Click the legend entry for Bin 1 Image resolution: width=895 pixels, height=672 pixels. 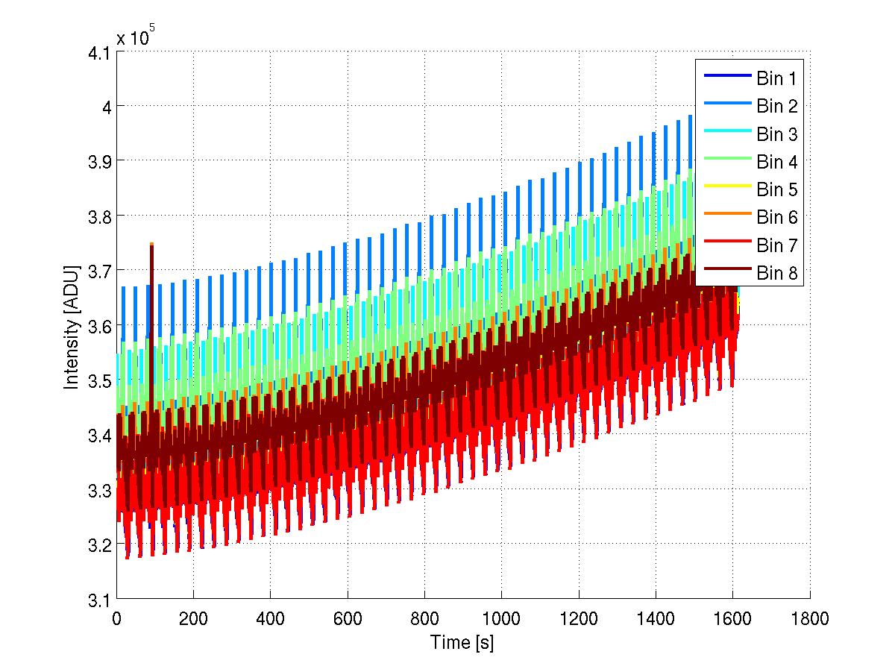tap(776, 78)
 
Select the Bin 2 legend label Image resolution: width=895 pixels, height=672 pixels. tap(776, 106)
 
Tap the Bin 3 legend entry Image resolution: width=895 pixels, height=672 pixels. tap(776, 134)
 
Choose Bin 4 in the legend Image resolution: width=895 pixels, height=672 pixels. tap(776, 162)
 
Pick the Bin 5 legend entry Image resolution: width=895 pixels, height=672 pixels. tap(776, 190)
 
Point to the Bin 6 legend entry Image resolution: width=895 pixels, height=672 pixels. tap(776, 218)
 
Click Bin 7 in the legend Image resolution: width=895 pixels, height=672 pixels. tap(776, 245)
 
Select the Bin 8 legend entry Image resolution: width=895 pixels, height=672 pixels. tap(776, 274)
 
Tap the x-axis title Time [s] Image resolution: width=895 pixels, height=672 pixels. tap(462, 642)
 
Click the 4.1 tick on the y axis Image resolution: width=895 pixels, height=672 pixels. tap(98, 52)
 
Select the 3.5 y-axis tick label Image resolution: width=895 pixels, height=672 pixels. tap(98, 380)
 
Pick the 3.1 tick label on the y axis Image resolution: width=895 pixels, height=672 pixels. tap(98, 599)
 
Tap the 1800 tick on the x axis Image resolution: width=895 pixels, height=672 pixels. tap(809, 618)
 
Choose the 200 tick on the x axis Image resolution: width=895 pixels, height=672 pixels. tap(193, 618)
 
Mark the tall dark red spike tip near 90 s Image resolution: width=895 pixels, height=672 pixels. tap(151, 245)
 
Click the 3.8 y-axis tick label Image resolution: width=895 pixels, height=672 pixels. tap(98, 216)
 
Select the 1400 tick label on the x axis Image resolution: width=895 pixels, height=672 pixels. tap(656, 618)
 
